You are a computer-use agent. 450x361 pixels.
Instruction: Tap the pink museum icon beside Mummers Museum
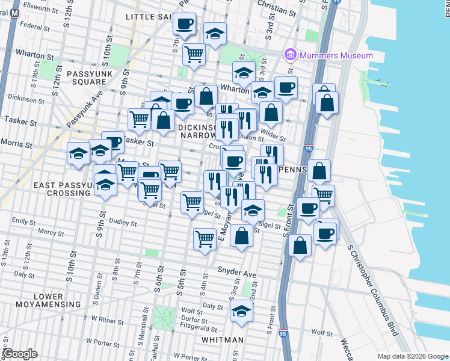[291, 55]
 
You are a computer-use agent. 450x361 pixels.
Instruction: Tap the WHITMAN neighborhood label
[223, 340]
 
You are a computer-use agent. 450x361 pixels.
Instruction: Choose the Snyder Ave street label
[237, 272]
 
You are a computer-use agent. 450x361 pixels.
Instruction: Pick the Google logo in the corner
[20, 354]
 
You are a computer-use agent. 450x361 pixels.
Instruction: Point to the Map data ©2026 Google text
[412, 356]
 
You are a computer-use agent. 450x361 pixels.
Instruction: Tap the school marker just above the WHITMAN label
[242, 311]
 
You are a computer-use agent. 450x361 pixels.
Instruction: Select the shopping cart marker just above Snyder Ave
[205, 239]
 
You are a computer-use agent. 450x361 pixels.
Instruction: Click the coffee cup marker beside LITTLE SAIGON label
[185, 24]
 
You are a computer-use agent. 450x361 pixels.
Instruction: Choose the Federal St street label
[34, 26]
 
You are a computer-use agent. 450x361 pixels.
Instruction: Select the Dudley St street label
[123, 224]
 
